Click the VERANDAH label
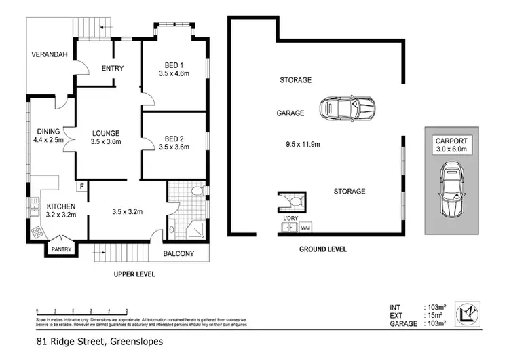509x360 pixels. pyautogui.click(x=52, y=55)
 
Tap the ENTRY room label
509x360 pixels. pyautogui.click(x=112, y=68)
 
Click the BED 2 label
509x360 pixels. pyautogui.click(x=172, y=137)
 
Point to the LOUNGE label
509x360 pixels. pyautogui.click(x=105, y=133)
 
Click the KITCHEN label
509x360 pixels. pyautogui.click(x=60, y=206)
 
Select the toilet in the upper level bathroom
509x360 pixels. pyautogui.click(x=197, y=192)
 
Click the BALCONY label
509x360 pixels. pyautogui.click(x=178, y=254)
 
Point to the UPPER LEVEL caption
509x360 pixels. pyautogui.click(x=134, y=274)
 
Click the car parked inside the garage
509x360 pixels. pyautogui.click(x=347, y=107)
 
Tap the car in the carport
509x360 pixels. pyautogui.click(x=451, y=192)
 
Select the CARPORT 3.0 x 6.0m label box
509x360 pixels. pyautogui.click(x=451, y=145)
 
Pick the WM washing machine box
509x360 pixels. pyautogui.click(x=305, y=227)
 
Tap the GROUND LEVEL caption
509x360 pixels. pyautogui.click(x=323, y=249)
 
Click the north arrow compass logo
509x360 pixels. pyautogui.click(x=470, y=313)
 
